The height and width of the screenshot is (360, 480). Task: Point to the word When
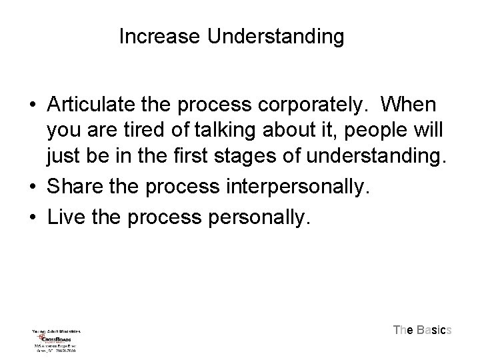409,106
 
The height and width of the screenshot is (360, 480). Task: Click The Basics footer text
423,329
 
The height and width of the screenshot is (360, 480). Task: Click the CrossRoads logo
56,337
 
